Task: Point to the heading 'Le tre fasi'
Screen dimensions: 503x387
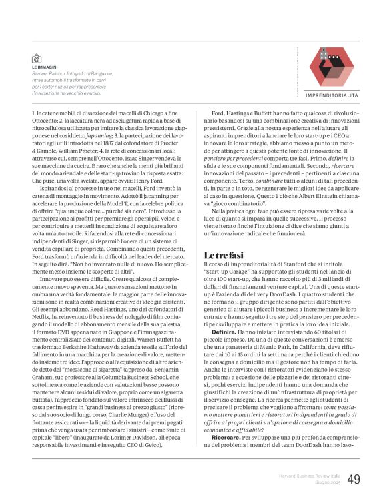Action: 224,256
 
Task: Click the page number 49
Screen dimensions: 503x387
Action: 354,478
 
